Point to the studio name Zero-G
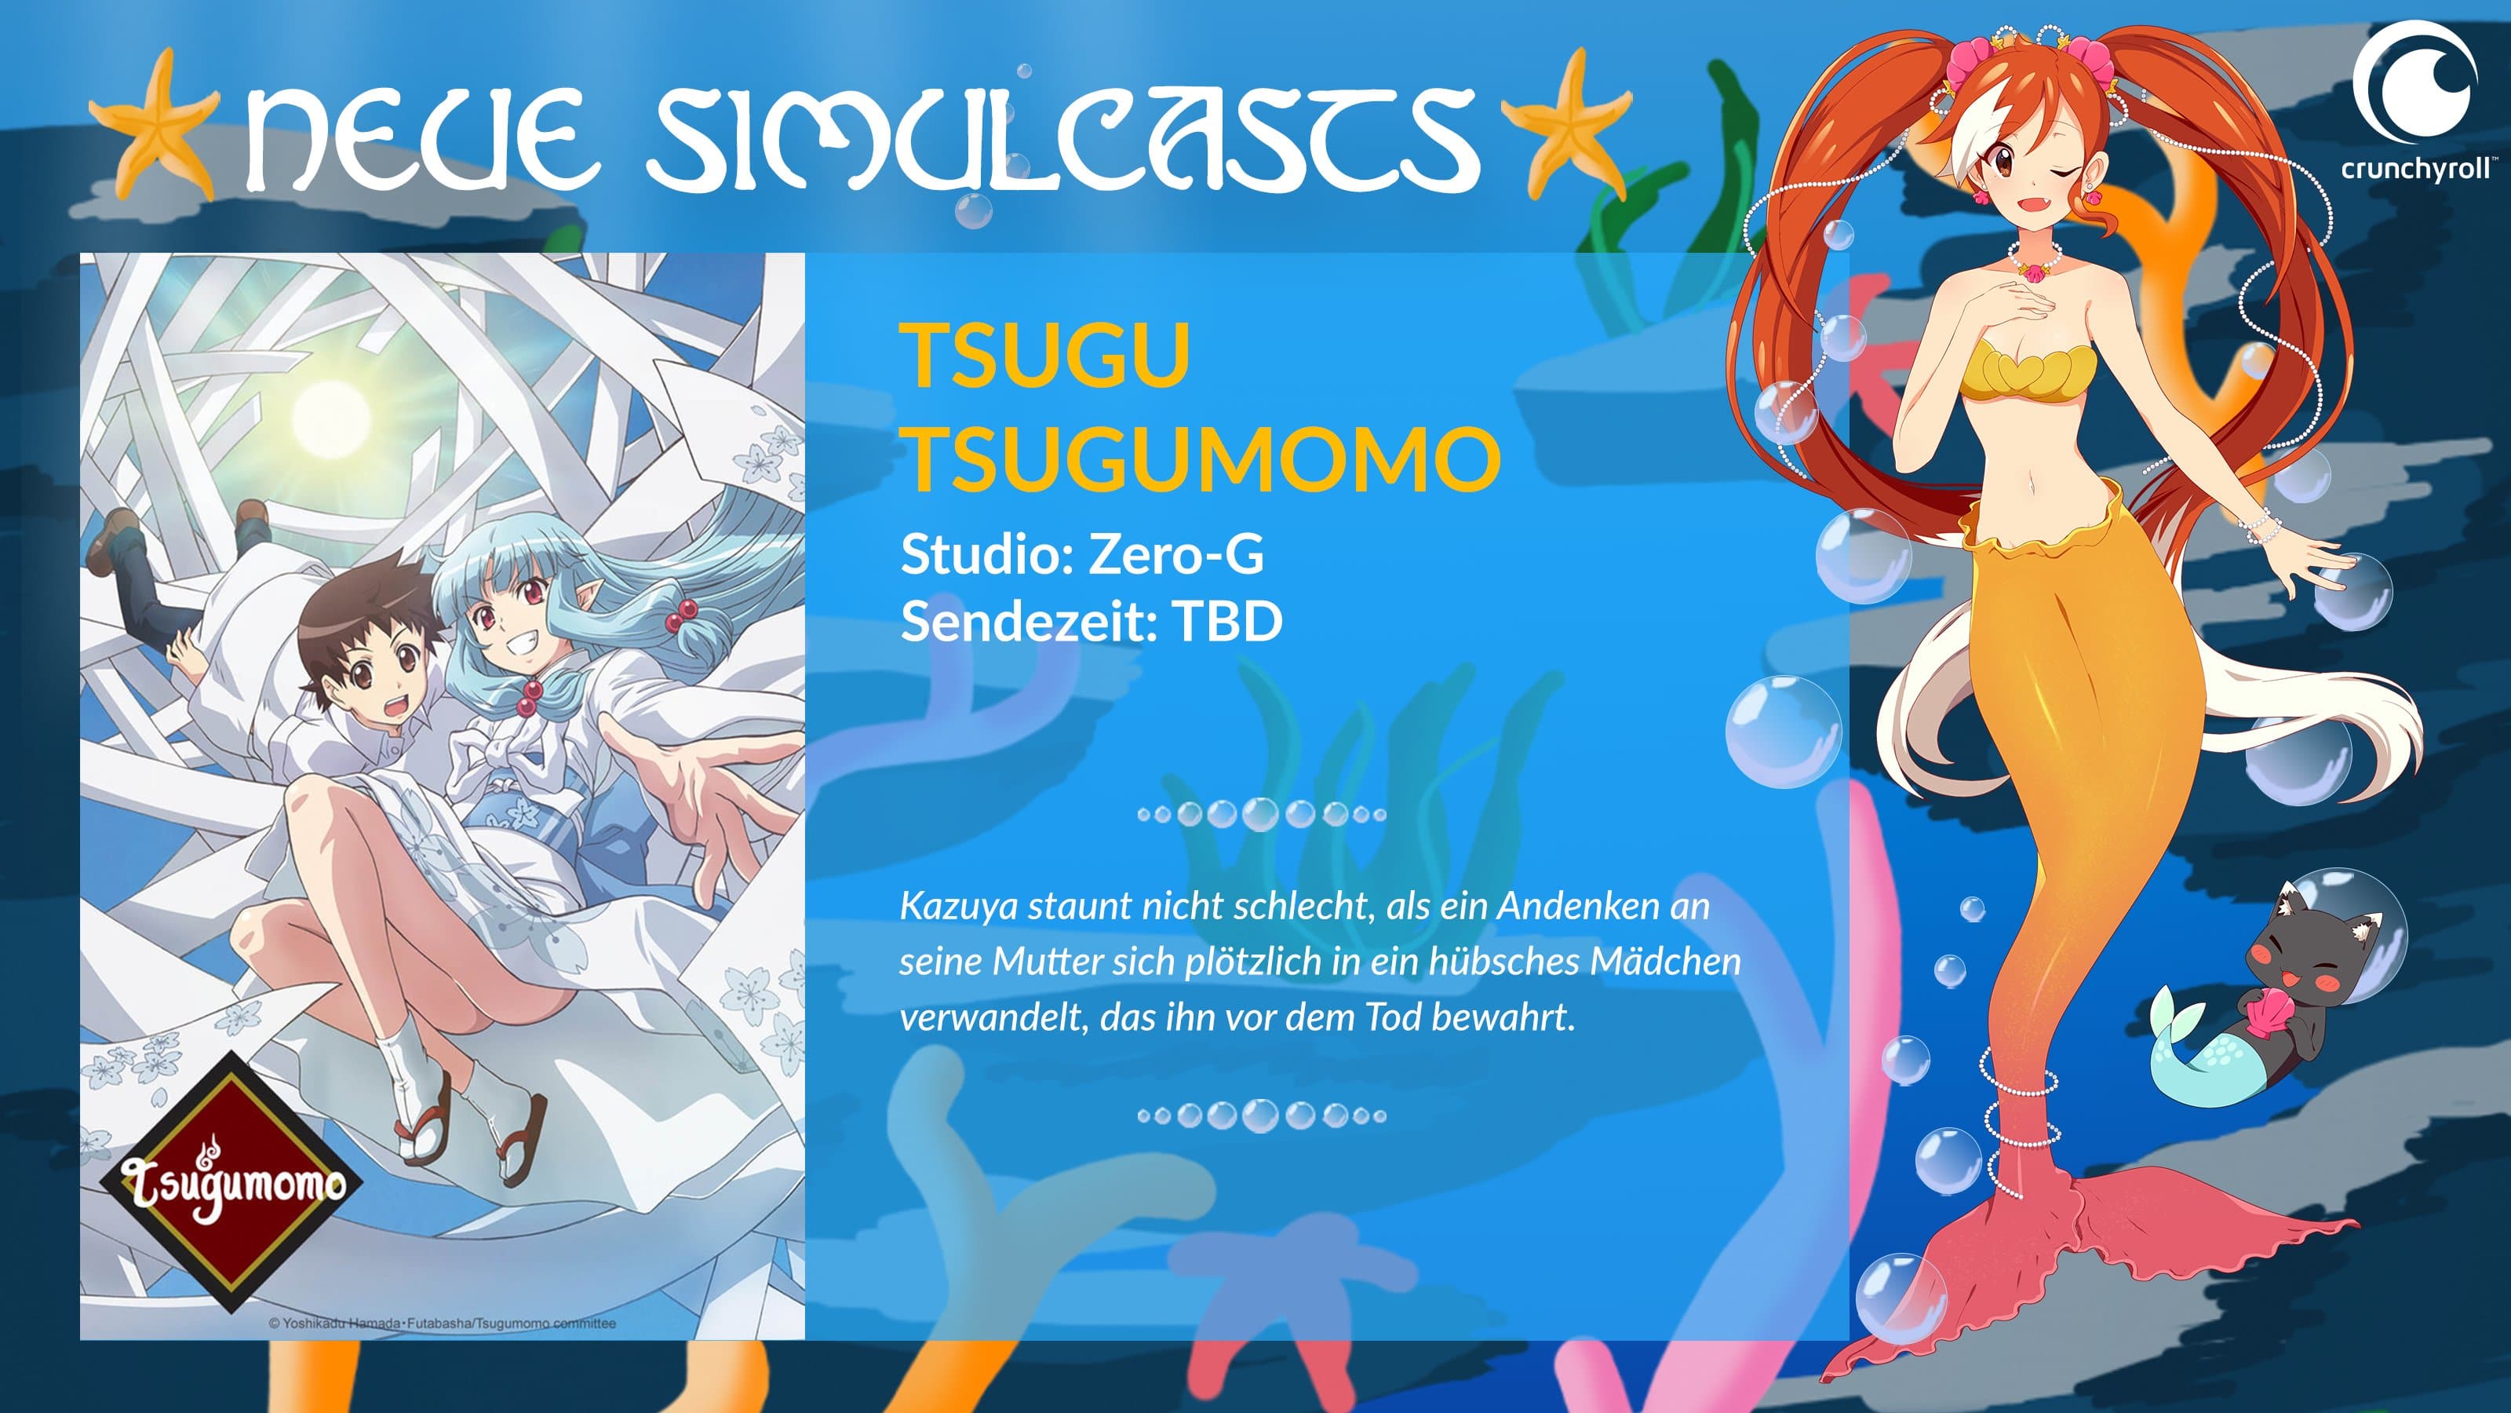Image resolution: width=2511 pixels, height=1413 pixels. [x=1175, y=555]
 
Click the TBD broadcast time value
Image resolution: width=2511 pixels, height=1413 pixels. [x=1227, y=621]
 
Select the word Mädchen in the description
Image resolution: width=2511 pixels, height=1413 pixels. [x=1665, y=962]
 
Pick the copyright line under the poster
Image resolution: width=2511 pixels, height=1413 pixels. [x=442, y=1324]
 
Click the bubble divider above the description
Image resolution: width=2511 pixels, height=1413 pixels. [x=1261, y=813]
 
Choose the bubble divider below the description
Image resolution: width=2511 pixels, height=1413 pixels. [x=1261, y=1115]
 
